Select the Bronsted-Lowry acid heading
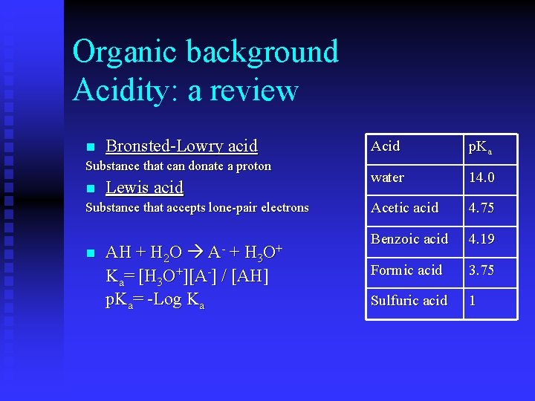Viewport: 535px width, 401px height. coord(181,146)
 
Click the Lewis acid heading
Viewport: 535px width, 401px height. coord(144,187)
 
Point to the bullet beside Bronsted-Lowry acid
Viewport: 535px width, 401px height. coord(90,146)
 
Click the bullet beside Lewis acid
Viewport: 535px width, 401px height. coord(90,187)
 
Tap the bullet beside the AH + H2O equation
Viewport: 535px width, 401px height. coord(90,253)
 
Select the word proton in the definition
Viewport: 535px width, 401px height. coord(253,166)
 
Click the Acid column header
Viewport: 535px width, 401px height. coord(386,146)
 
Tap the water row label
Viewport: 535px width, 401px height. coord(387,177)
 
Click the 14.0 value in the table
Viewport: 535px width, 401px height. coord(481,177)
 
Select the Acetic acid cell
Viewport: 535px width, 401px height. coord(404,208)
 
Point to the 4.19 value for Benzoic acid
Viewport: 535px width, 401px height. coord(481,239)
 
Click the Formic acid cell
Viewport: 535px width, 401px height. coord(406,270)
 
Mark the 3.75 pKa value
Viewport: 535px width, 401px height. coord(481,270)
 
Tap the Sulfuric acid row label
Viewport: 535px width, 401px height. coord(409,301)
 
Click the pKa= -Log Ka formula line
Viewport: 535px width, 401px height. coord(155,301)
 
